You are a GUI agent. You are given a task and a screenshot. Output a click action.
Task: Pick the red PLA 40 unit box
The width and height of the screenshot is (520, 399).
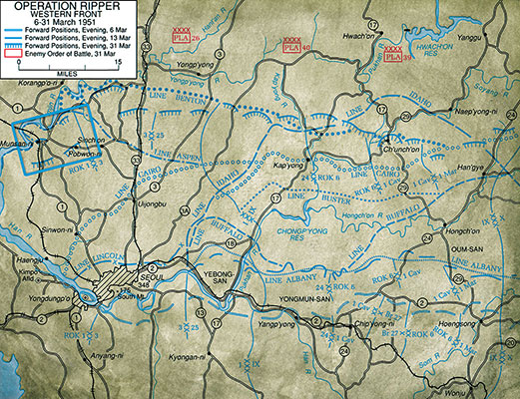[x=292, y=45]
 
